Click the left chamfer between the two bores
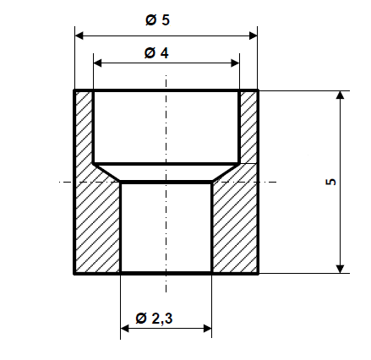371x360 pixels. [106, 172]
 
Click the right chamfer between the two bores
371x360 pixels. [226, 172]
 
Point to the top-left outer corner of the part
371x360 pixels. [75, 90]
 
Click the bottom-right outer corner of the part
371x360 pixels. [257, 273]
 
